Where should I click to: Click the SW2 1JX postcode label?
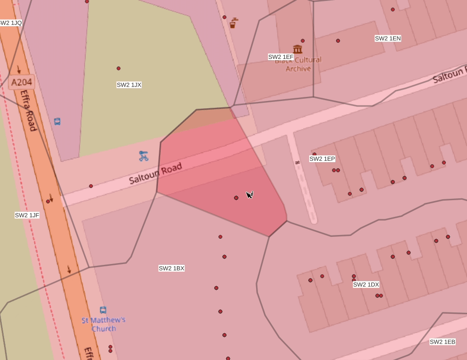tap(129, 85)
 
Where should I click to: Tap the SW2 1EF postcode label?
tap(281, 57)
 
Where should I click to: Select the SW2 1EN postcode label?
tap(388, 38)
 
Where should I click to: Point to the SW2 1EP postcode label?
tap(322, 159)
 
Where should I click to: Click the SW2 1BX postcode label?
tap(172, 268)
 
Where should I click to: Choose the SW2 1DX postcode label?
tap(366, 285)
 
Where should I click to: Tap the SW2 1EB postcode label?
tap(442, 342)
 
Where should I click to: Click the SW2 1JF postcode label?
tap(27, 215)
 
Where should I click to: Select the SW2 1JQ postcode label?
tap(10, 23)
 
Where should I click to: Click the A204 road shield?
tap(21, 82)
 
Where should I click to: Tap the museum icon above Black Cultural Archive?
tap(297, 49)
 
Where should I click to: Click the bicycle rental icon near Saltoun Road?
tap(143, 156)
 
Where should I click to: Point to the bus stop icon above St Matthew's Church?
tap(103, 310)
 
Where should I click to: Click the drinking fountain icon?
tap(233, 23)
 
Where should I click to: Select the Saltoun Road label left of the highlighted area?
tap(155, 173)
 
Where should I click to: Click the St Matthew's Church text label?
tap(104, 324)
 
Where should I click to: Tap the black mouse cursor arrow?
tap(249, 194)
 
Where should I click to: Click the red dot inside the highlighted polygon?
tap(236, 198)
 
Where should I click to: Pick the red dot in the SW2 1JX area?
tap(119, 68)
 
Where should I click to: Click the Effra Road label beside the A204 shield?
tap(28, 110)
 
